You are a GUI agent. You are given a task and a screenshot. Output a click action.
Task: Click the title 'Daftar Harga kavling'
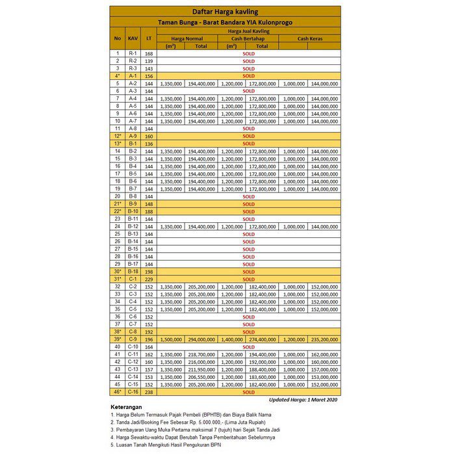[224, 12]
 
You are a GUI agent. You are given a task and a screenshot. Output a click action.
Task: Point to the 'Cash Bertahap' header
[248, 38]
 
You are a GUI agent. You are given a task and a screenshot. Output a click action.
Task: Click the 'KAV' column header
[133, 38]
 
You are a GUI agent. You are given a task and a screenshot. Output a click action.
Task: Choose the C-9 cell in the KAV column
[133, 339]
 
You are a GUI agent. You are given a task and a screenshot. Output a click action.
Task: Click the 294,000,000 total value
[201, 339]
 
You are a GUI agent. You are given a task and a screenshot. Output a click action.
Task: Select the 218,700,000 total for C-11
[201, 354]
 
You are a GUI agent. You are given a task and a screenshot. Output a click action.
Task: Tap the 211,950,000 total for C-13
[201, 369]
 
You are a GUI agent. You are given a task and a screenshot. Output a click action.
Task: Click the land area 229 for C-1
[149, 279]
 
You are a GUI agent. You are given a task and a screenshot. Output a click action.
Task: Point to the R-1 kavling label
[133, 53]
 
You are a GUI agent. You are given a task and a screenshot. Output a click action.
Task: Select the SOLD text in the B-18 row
[248, 272]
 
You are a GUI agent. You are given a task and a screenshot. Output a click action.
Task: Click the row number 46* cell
[118, 392]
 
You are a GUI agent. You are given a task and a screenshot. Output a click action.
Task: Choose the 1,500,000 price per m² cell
[171, 339]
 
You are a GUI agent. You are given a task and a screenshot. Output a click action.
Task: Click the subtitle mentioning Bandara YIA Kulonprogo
[224, 22]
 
